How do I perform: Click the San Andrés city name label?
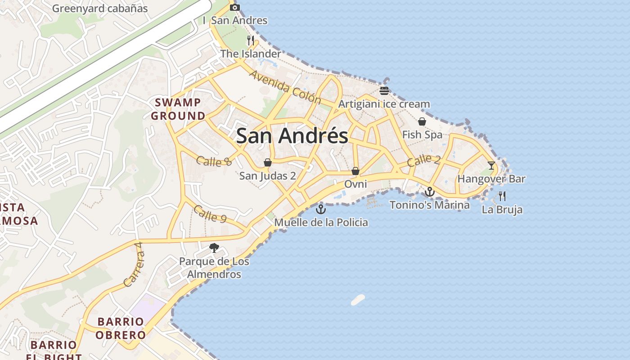click(x=292, y=136)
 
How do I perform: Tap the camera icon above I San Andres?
click(x=234, y=7)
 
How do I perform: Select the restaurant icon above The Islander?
click(x=251, y=40)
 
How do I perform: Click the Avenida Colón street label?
click(x=284, y=87)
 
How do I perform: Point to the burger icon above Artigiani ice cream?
click(x=384, y=91)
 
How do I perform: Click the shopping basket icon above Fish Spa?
click(x=422, y=121)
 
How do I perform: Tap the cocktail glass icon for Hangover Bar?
click(x=491, y=166)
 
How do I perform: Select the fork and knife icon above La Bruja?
click(x=502, y=196)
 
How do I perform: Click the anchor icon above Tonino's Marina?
click(x=430, y=192)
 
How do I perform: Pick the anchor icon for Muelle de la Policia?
click(x=320, y=209)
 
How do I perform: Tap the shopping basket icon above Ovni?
click(x=355, y=171)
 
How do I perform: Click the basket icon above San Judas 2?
click(x=268, y=162)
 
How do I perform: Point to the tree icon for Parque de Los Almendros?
click(x=214, y=247)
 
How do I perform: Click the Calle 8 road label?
click(x=214, y=161)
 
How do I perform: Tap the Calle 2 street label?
click(x=424, y=161)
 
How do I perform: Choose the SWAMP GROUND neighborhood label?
click(x=178, y=109)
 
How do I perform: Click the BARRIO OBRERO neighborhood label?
click(x=121, y=328)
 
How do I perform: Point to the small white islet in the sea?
click(x=358, y=300)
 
